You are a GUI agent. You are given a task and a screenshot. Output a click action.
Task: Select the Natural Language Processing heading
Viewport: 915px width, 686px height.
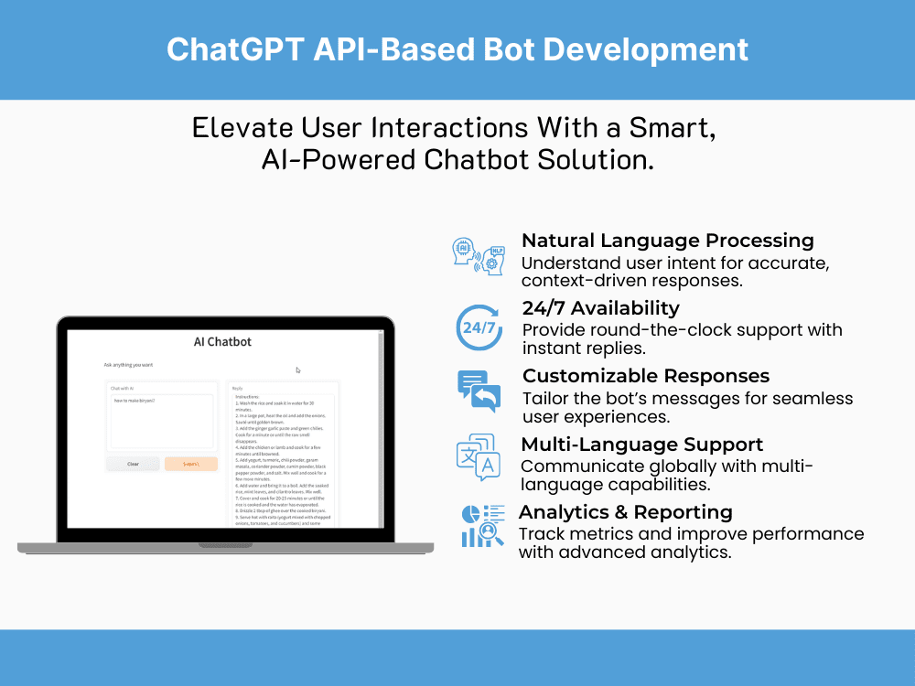pyautogui.click(x=667, y=241)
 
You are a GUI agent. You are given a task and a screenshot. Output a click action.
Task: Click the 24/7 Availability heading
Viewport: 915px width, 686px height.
pyautogui.click(x=600, y=307)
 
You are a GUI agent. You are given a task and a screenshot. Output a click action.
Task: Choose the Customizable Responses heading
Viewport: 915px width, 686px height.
pyautogui.click(x=646, y=376)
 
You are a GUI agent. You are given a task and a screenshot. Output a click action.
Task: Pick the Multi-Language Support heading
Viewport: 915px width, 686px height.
pyautogui.click(x=641, y=445)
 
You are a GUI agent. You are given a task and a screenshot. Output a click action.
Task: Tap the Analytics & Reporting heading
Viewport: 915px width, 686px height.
pyautogui.click(x=625, y=511)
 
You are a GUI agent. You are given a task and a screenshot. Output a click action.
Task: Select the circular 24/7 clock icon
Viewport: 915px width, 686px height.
pyautogui.click(x=479, y=327)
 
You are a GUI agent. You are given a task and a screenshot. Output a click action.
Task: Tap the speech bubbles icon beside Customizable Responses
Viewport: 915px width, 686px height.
pyautogui.click(x=479, y=391)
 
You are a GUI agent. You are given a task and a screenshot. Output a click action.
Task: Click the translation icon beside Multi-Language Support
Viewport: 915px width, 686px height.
pyautogui.click(x=478, y=457)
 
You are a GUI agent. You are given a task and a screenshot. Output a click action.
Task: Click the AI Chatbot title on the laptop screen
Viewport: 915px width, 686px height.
pyautogui.click(x=222, y=341)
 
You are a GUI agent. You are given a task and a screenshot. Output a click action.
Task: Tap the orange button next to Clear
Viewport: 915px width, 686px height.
pyautogui.click(x=190, y=464)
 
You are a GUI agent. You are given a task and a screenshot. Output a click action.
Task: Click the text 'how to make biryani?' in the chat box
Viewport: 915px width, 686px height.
pyautogui.click(x=135, y=401)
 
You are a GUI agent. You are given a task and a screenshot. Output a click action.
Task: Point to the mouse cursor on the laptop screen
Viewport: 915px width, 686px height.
pyautogui.click(x=298, y=370)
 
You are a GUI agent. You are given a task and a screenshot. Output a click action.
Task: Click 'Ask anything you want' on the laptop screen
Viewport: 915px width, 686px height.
pyautogui.click(x=129, y=365)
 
